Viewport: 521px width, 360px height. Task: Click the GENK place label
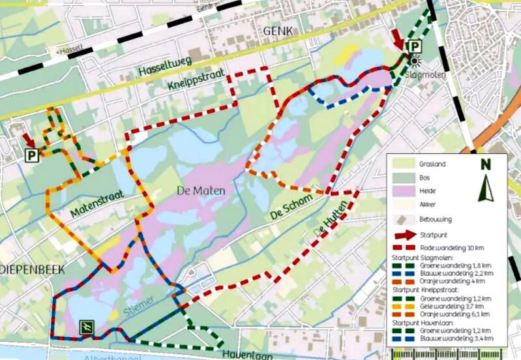tap(279, 31)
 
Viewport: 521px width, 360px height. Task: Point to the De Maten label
tap(201, 191)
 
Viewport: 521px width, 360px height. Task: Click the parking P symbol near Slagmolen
tap(413, 46)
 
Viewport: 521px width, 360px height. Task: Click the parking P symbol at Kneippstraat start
tap(31, 155)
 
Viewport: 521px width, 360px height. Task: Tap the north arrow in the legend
tap(486, 182)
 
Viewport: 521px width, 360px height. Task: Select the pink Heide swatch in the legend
tap(406, 190)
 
